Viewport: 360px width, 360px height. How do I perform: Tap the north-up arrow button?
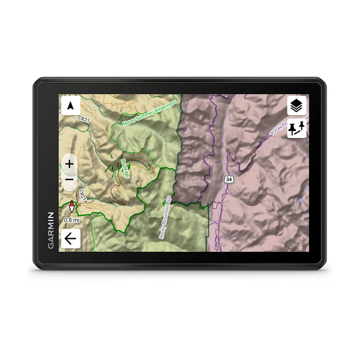tap(71, 106)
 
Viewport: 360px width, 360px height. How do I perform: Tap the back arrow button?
tap(70, 239)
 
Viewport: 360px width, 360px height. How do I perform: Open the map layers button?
tap(297, 106)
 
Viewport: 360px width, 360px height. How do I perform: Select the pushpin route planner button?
tap(297, 128)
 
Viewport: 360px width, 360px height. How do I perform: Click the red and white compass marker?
tap(72, 207)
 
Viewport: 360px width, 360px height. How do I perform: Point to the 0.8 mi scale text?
tap(71, 220)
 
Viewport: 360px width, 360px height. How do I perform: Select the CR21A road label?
tap(84, 197)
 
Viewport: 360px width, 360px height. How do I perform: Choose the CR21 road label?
tap(84, 119)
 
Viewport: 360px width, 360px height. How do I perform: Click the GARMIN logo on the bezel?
tap(51, 230)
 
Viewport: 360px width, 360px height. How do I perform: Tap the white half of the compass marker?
tap(73, 209)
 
